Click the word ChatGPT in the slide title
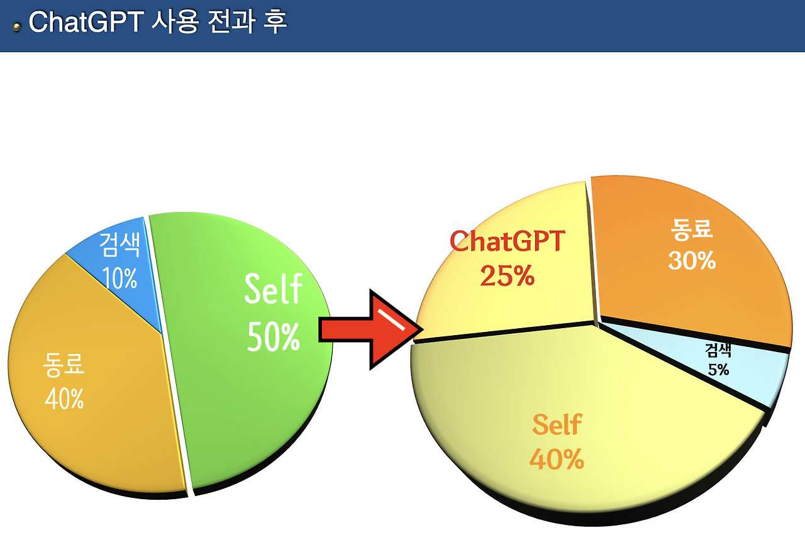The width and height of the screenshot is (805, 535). pyautogui.click(x=87, y=23)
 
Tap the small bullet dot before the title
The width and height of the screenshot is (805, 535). pyautogui.click(x=17, y=27)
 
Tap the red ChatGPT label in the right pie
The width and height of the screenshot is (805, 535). pyautogui.click(x=508, y=241)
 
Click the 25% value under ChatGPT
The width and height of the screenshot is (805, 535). pyautogui.click(x=507, y=275)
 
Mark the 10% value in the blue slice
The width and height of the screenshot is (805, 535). pyautogui.click(x=120, y=278)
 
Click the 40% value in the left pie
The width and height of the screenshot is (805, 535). pyautogui.click(x=64, y=399)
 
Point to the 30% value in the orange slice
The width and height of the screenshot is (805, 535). pyautogui.click(x=692, y=260)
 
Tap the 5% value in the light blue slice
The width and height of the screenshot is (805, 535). pyautogui.click(x=718, y=370)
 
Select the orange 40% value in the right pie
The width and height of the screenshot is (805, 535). pyautogui.click(x=557, y=459)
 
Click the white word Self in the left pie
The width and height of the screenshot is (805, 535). pyautogui.click(x=274, y=289)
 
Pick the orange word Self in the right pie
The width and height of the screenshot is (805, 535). pyautogui.click(x=557, y=425)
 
